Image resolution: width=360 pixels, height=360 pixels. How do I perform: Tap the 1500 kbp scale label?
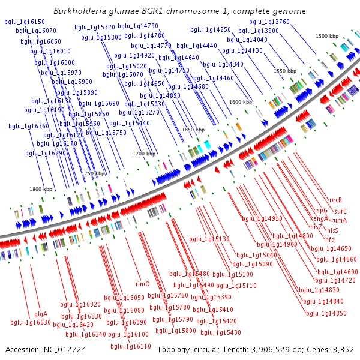pos(327,37)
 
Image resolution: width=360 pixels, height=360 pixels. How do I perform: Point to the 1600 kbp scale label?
pos(241,102)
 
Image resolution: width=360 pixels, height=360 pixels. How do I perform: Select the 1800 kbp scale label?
pos(41,189)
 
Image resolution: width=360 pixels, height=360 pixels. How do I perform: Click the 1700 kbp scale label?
pos(144,154)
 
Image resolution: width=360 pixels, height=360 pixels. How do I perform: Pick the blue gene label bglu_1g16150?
pos(24,22)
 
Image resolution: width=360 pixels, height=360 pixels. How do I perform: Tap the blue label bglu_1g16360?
pos(29,127)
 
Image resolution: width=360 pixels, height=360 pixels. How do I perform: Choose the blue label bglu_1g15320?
pos(95,27)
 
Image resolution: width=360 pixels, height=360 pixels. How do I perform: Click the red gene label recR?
pos(336,200)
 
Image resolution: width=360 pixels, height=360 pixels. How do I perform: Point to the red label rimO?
pos(143,284)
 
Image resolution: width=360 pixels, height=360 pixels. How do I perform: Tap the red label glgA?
pos(41,314)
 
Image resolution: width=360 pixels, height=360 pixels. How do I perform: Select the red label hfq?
pos(330,239)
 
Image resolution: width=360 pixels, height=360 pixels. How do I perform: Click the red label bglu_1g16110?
pos(131,346)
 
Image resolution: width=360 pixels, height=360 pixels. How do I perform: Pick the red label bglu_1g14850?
pos(326,313)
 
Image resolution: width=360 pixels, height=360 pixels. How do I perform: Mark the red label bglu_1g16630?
pos(31,322)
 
